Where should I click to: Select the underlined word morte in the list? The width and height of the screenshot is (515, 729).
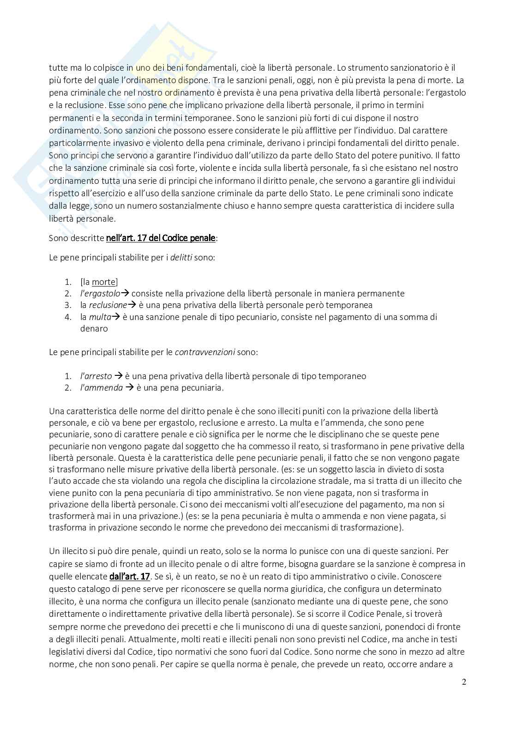pyautogui.click(x=103, y=282)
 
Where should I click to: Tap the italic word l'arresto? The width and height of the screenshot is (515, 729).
pyautogui.click(x=96, y=376)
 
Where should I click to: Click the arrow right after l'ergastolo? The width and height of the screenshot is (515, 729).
pyautogui.click(x=126, y=294)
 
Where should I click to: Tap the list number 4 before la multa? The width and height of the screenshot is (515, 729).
pyautogui.click(x=68, y=317)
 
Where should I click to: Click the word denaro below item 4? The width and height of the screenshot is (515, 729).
pyautogui.click(x=94, y=329)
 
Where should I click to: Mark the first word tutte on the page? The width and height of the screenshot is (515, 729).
pyautogui.click(x=58, y=68)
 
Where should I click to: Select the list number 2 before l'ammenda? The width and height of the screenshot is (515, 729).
pyautogui.click(x=68, y=388)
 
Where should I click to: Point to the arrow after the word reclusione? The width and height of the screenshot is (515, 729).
pyautogui.click(x=132, y=305)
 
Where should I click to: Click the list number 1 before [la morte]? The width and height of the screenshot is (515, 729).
pyautogui.click(x=68, y=282)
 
